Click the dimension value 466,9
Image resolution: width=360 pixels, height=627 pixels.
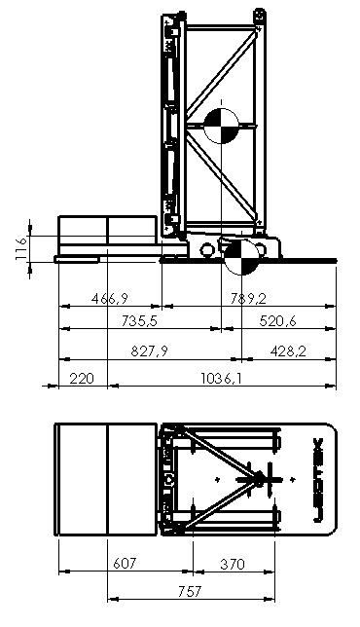tap(110, 298)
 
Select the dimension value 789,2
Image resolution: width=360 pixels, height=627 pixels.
tap(248, 298)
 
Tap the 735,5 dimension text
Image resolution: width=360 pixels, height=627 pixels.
tap(140, 320)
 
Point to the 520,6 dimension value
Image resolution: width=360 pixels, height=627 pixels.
tap(278, 320)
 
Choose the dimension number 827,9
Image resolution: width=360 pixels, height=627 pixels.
tap(150, 351)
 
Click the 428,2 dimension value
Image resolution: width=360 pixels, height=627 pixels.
tap(288, 351)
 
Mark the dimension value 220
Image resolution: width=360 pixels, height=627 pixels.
tap(82, 378)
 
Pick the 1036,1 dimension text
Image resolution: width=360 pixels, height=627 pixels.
tap(221, 378)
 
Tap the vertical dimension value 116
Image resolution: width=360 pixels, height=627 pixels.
tap(20, 248)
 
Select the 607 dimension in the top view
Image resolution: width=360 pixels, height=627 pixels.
tap(125, 563)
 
